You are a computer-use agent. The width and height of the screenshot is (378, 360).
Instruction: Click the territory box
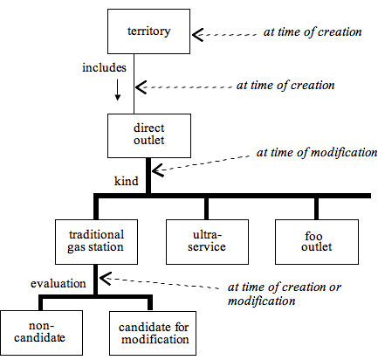point(148,31)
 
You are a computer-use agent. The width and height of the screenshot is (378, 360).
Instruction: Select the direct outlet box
point(149,135)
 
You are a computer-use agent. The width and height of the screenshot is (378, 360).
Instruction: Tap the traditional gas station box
point(96,242)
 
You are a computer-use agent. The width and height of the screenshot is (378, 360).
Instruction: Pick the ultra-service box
point(207,242)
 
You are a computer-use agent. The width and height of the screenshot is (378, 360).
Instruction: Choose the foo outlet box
point(317,242)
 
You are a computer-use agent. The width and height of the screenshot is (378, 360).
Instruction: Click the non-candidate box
point(41,333)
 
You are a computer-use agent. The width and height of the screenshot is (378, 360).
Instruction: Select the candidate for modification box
point(153,333)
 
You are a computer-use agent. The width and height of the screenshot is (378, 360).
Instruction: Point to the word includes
point(104,67)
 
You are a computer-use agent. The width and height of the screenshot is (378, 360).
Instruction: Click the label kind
point(126,181)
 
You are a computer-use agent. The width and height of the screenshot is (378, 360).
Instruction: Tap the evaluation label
point(58,284)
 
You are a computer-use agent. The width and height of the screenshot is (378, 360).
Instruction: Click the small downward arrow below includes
point(118,90)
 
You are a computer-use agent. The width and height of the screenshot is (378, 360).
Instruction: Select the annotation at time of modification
point(317,153)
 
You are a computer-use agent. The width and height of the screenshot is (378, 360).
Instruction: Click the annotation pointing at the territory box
point(313,32)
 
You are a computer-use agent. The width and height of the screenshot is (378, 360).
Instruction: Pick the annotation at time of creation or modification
point(285,294)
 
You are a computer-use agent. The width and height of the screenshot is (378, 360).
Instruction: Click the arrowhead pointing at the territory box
point(198,35)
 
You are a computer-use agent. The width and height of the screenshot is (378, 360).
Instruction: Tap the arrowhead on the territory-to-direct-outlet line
point(141,87)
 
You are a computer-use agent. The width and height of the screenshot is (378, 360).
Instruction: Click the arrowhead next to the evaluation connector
point(106,279)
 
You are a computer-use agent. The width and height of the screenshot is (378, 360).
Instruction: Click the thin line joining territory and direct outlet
point(134,84)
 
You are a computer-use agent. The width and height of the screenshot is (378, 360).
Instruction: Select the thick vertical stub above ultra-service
point(206,209)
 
